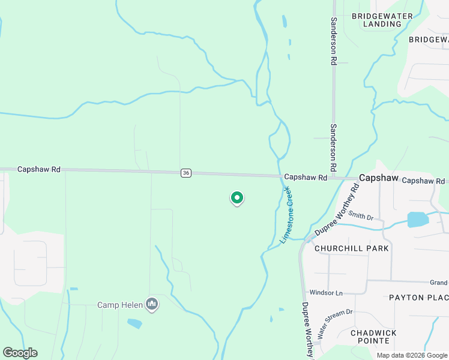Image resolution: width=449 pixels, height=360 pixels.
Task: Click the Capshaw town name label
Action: pyautogui.click(x=379, y=178)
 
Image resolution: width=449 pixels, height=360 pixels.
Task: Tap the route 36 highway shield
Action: pyautogui.click(x=185, y=173)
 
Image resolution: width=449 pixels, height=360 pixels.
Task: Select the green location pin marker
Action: pyautogui.click(x=237, y=197)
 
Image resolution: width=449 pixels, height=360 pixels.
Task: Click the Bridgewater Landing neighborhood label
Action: pyautogui.click(x=376, y=20)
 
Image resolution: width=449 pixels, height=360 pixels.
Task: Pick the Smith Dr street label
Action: pyautogui.click(x=361, y=215)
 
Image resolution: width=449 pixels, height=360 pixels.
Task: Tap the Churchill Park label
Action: pyautogui.click(x=351, y=248)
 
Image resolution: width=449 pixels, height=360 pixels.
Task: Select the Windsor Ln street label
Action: pyautogui.click(x=325, y=293)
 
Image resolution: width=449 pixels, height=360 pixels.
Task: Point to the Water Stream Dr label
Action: pyautogui.click(x=336, y=323)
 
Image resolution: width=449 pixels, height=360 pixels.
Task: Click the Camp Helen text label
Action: pyautogui.click(x=120, y=305)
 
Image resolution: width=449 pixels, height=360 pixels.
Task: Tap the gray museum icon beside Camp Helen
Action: pyautogui.click(x=152, y=305)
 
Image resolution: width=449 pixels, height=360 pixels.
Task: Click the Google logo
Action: pyautogui.click(x=20, y=353)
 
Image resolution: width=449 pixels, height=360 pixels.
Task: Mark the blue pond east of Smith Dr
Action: pyautogui.click(x=418, y=219)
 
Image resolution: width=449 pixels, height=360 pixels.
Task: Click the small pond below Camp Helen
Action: pyautogui.click(x=134, y=323)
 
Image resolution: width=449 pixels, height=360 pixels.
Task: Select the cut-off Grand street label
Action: pyautogui.click(x=439, y=283)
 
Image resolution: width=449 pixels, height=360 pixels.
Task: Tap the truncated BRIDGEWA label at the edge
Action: pyautogui.click(x=429, y=40)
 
